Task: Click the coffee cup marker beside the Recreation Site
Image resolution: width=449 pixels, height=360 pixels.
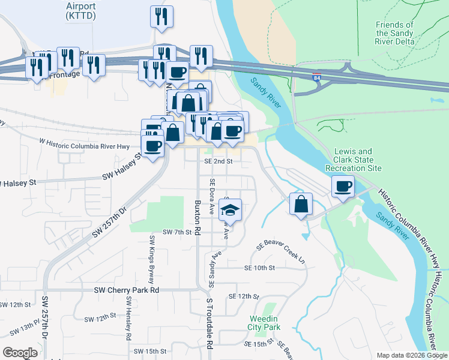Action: coord(343,187)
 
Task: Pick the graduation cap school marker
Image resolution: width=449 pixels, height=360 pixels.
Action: coord(229,211)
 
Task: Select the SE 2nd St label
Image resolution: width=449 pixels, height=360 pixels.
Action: coord(218,161)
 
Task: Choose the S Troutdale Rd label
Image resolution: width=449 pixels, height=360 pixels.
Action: coord(209,324)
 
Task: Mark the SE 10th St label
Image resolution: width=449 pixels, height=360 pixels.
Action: coord(259,268)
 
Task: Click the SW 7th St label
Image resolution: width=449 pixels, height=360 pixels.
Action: coord(176,232)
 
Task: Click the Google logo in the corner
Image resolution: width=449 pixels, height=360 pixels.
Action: coord(20,353)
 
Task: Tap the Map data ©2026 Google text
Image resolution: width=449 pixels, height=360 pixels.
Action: coord(412,355)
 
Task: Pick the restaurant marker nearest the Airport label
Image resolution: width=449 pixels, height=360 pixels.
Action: coord(161,17)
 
